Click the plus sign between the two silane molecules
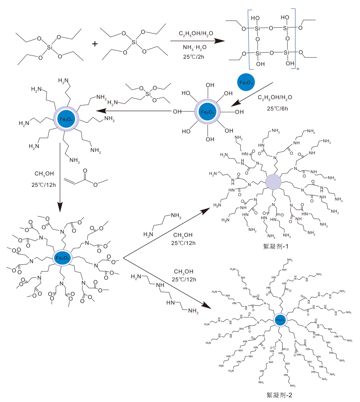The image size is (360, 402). [x=95, y=44]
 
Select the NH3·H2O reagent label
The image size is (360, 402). [x=194, y=47]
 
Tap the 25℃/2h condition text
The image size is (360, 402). [x=193, y=57]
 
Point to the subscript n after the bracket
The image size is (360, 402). [x=298, y=69]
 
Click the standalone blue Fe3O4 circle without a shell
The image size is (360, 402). [x=246, y=82]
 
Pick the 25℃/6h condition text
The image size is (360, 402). [x=277, y=108]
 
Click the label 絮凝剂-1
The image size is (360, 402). [x=275, y=246]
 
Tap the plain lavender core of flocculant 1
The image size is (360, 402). [x=273, y=182]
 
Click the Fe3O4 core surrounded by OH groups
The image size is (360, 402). [x=208, y=112]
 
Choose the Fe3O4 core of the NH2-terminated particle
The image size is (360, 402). [x=66, y=119]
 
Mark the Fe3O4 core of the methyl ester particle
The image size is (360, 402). [x=62, y=258]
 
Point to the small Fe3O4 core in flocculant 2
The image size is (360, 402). [x=280, y=320]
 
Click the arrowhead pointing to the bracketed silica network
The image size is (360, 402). [x=220, y=41]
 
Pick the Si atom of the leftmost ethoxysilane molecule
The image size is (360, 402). [x=50, y=47]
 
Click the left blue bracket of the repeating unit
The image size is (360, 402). [x=249, y=40]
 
